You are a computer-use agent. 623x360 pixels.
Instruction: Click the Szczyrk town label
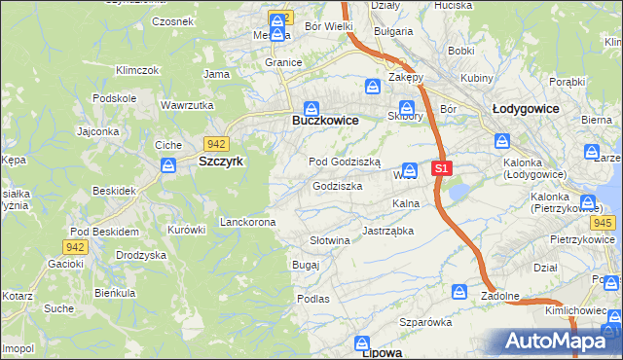pos(220,162)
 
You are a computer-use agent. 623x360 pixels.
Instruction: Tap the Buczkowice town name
pos(325,120)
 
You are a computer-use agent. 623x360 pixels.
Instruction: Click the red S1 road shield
pos(441,168)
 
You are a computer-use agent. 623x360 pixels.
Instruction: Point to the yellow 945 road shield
pos(603,224)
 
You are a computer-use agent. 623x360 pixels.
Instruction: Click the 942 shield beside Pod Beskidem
pos(77,247)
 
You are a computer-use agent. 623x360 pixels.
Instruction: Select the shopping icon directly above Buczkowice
pos(311,108)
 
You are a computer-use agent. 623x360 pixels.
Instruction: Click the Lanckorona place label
pos(247,222)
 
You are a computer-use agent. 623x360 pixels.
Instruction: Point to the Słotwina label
pos(329,240)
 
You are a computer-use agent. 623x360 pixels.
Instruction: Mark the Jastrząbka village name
pos(387,231)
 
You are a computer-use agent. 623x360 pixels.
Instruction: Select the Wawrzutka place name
pos(186,104)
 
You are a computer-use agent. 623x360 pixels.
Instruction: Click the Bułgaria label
pos(393,31)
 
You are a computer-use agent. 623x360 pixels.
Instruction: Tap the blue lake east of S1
pos(458,192)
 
